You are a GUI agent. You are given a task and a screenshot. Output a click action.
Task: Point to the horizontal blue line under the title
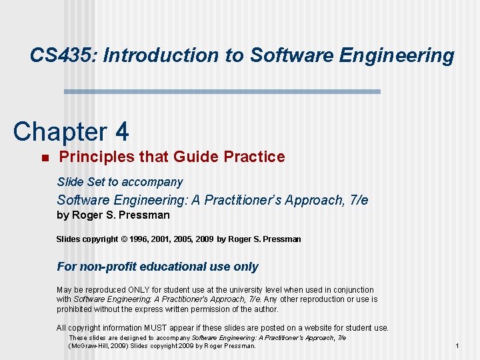click(x=221, y=91)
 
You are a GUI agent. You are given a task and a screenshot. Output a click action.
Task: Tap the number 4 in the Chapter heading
click(x=121, y=132)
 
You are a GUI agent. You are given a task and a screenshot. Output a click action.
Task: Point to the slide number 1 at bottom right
click(x=457, y=346)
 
